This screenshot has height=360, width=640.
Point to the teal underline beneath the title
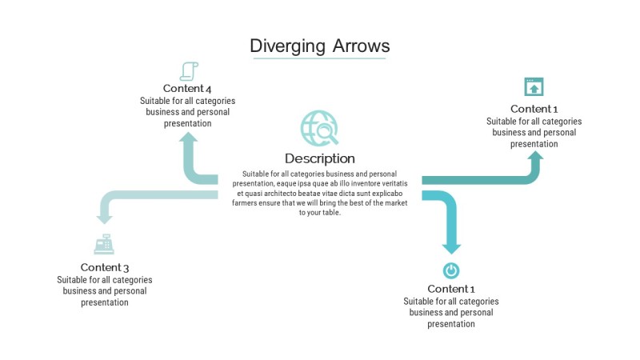point(319,58)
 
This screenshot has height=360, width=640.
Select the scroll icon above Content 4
point(189,71)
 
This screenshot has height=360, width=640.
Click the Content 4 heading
point(187,88)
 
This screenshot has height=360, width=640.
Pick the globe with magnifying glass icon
point(319,128)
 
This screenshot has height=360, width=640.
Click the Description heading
point(319,158)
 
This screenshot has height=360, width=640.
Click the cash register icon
point(104,244)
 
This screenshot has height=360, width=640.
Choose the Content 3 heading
point(104,267)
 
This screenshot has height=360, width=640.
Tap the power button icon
point(451,270)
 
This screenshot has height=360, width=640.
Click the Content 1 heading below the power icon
point(451,289)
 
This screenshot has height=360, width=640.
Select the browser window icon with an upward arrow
point(534,86)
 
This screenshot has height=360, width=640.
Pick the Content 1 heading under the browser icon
point(534,109)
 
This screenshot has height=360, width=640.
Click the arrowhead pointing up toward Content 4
point(189,140)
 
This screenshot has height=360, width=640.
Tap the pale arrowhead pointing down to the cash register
point(104,215)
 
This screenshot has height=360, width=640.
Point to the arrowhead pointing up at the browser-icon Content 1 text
point(534,158)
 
